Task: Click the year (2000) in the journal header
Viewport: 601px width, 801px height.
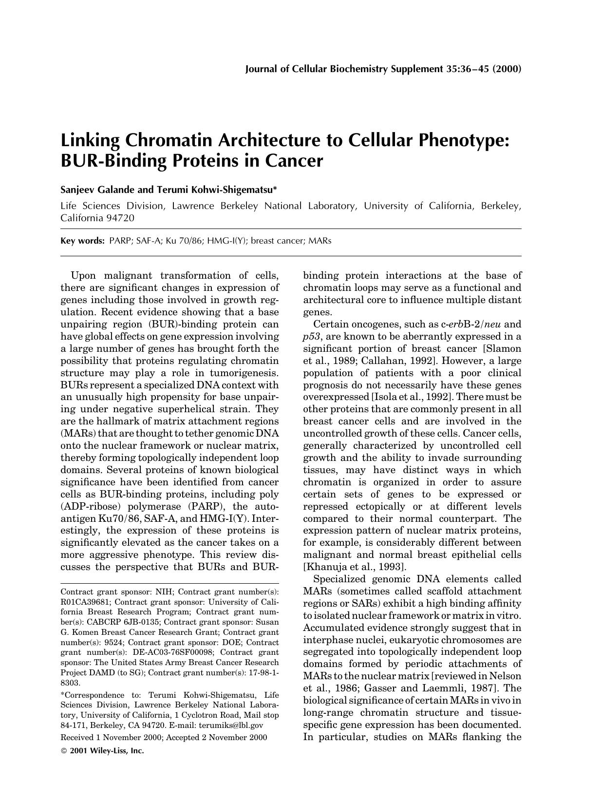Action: coord(507,69)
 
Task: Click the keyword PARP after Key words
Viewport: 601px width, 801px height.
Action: coord(120,241)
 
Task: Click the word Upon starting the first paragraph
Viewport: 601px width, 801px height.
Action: coord(83,275)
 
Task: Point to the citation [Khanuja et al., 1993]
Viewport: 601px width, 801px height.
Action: coord(354,567)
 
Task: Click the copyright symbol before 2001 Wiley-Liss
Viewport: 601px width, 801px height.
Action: coord(63,751)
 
